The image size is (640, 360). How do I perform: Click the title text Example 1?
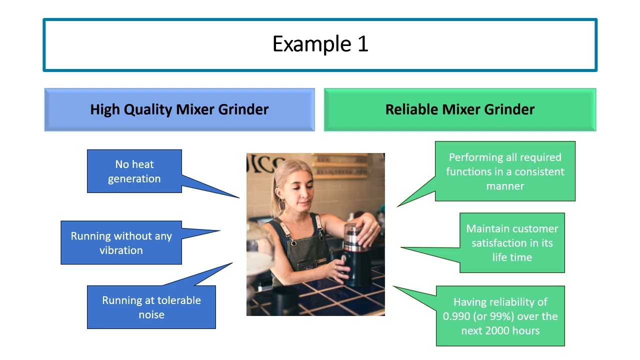320,44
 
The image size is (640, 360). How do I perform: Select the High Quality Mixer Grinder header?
179,110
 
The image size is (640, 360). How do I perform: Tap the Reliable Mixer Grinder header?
459,110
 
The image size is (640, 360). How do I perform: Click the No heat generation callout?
134,171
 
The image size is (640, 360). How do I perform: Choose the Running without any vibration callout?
121,243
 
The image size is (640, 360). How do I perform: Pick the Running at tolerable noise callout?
151,307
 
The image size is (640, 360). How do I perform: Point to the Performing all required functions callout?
505,171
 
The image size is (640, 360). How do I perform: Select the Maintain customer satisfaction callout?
512,243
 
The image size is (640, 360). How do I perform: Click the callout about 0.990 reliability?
500,316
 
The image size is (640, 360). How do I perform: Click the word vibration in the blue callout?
121,250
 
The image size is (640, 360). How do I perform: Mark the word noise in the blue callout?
151,315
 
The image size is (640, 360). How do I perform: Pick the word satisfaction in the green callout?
498,243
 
